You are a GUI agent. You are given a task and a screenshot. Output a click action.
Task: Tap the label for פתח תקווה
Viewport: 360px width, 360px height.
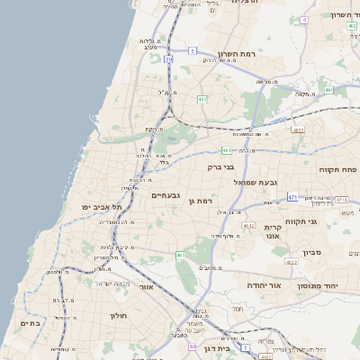click(337, 168)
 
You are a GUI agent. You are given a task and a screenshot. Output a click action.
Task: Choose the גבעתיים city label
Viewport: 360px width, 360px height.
click(168, 195)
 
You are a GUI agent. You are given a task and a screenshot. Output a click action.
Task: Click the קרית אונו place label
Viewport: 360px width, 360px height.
click(274, 233)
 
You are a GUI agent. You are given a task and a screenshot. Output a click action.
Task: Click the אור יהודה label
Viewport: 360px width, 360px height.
click(265, 285)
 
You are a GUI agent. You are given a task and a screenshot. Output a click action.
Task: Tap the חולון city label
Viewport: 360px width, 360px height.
click(121, 316)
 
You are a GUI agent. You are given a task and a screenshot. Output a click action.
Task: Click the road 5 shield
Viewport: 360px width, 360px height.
click(192, 51)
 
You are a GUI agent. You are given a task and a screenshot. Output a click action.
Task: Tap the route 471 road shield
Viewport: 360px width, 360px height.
click(293, 196)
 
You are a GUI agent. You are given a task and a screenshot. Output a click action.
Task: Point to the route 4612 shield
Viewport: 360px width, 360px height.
click(248, 227)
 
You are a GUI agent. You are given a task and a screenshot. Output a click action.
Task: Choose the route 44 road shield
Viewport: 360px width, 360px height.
click(192, 346)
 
